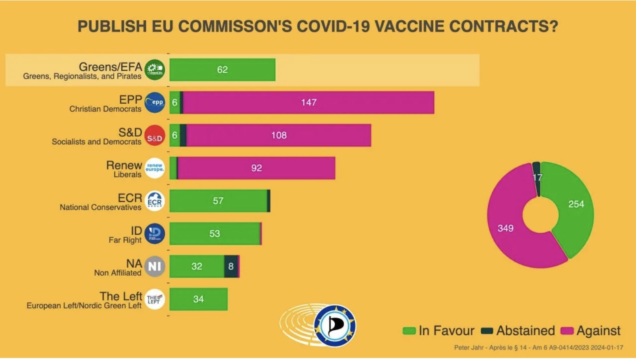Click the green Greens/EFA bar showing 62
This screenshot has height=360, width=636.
point(222,70)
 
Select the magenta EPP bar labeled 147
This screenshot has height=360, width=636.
point(308,103)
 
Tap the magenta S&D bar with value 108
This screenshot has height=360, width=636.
point(279,135)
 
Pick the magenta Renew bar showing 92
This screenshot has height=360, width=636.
point(256,168)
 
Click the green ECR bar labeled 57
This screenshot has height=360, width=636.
point(218,201)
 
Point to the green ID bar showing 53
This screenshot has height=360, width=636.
point(215,234)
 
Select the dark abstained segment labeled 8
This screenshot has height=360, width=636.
point(231,266)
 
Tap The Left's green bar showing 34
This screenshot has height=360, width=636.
point(198,299)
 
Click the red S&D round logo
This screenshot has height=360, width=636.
point(155,136)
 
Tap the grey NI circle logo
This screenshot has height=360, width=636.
point(155,266)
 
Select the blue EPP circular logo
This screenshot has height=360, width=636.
point(155,103)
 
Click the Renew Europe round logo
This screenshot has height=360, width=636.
point(155,168)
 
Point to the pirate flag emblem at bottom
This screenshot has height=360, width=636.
point(335,326)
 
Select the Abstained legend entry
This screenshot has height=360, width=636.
point(518,331)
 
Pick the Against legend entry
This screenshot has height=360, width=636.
point(591,331)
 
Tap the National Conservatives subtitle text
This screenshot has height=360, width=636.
point(101,208)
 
